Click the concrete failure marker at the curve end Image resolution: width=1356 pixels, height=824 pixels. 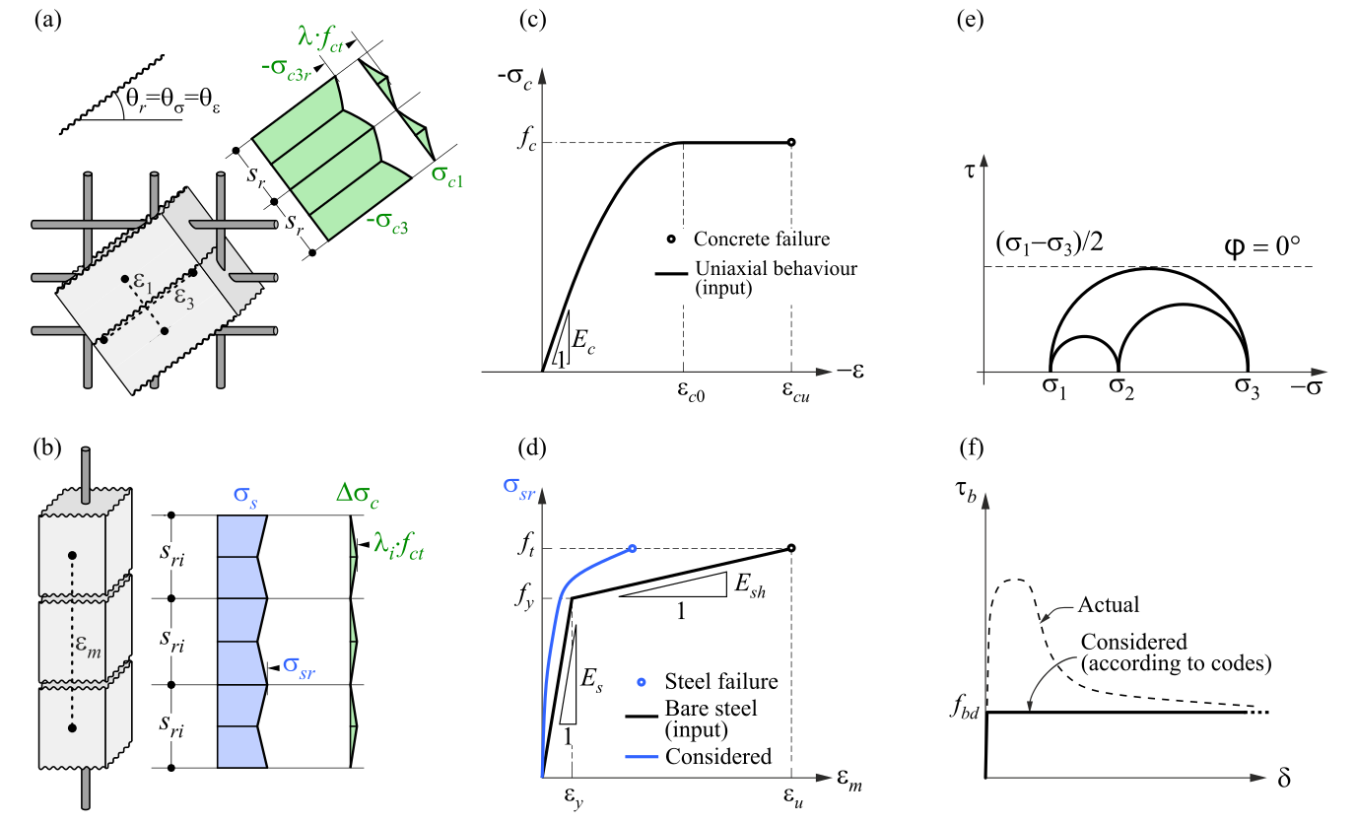pos(791,143)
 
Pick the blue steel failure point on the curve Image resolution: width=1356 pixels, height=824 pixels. pos(632,549)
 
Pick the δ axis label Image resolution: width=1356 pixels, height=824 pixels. pos(1284,778)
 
